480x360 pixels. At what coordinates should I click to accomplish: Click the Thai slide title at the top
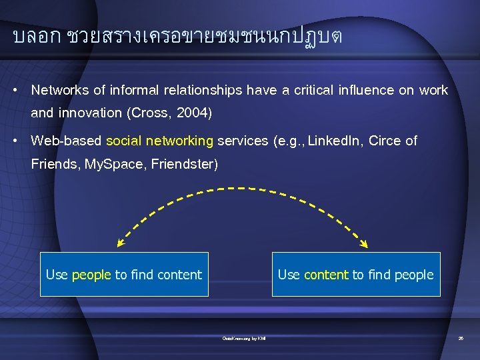point(177,37)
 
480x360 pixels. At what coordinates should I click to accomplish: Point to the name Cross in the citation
point(149,113)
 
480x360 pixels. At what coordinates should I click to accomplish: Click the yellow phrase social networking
point(160,141)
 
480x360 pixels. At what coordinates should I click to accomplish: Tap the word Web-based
point(66,141)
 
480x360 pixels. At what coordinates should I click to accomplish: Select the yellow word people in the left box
point(91,275)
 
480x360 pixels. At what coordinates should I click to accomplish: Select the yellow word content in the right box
point(326,275)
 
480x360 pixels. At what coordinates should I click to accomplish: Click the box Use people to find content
point(124,274)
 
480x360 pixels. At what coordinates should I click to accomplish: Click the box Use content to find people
point(355,274)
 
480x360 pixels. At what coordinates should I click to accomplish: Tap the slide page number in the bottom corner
point(461,339)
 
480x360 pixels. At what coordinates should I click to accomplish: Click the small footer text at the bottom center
point(243,339)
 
